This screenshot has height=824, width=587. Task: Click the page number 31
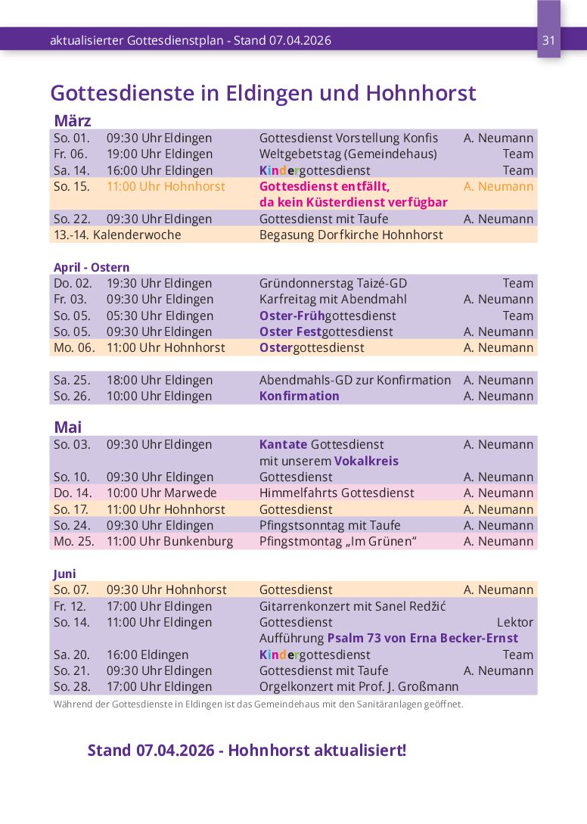tap(549, 40)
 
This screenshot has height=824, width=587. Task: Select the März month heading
tap(73, 121)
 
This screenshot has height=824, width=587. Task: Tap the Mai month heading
tap(68, 428)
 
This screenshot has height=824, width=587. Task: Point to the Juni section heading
tap(65, 574)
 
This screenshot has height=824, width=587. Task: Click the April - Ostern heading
tap(92, 267)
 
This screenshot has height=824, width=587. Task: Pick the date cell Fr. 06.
tap(70, 154)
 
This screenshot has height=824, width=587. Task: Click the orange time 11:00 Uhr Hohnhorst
tap(166, 186)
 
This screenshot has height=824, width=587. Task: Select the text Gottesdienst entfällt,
tap(325, 186)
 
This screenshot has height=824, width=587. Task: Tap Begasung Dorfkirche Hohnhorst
tap(351, 235)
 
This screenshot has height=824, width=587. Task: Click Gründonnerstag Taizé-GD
tap(333, 283)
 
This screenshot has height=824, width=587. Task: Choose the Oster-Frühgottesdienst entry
tap(328, 316)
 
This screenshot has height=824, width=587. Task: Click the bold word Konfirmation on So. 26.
tap(300, 396)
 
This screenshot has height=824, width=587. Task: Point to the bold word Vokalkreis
tap(366, 461)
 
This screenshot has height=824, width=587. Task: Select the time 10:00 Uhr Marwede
tap(161, 493)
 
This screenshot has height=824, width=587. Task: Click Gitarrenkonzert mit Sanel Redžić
tap(351, 606)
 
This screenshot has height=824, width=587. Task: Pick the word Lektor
tap(514, 622)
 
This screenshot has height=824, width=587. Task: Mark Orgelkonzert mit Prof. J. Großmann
tap(359, 686)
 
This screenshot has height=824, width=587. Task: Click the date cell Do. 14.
tap(71, 493)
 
